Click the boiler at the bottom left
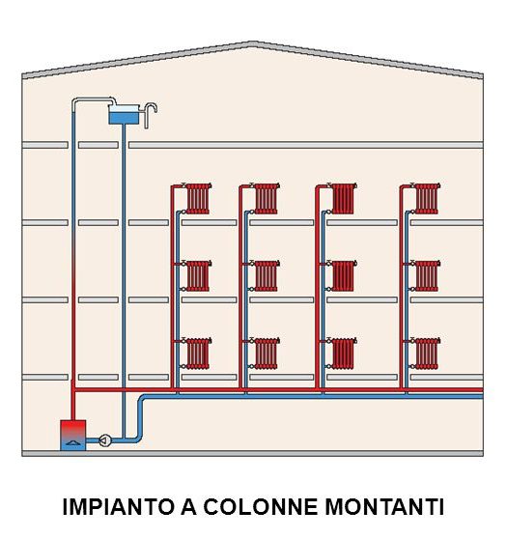72,435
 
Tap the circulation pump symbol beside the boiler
105,440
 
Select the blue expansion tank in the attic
124,115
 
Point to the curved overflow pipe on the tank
151,112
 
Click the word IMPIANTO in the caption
119,506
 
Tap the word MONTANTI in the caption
384,506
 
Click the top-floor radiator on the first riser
198,199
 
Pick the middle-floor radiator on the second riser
267,276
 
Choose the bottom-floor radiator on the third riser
344,354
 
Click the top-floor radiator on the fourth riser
427,199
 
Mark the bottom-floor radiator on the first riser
198,354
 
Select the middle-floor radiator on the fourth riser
427,276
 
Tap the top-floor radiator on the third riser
344,199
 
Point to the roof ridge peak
253,43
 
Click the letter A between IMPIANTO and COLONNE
188,506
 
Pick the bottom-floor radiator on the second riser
267,354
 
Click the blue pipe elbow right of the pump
138,438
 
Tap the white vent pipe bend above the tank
111,100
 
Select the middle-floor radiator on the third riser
344,276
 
